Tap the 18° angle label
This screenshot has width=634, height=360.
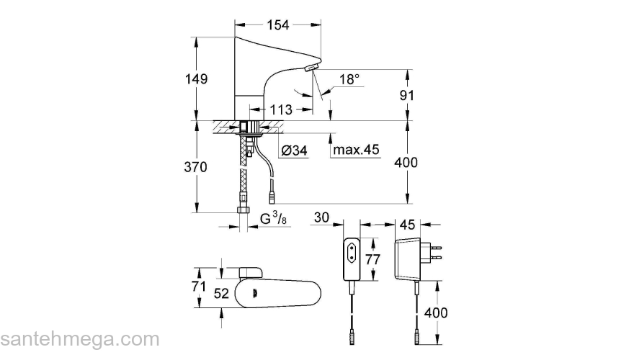click(349, 80)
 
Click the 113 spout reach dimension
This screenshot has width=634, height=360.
click(280, 110)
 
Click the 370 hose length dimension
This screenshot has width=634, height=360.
click(195, 167)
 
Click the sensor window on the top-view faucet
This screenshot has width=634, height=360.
click(256, 292)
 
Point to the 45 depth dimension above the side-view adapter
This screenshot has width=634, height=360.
click(407, 225)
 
